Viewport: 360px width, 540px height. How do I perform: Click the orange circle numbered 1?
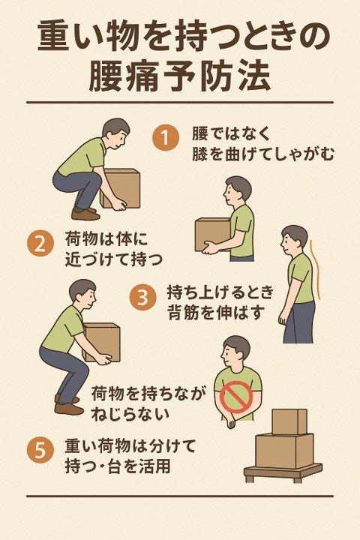(x=166, y=138)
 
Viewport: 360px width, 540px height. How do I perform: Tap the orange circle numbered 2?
(x=40, y=244)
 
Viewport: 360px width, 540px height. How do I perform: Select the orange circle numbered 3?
(x=142, y=298)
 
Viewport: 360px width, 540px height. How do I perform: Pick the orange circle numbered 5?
(x=40, y=451)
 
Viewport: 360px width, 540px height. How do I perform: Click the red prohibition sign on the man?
(x=236, y=397)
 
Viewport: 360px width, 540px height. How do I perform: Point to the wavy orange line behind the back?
(x=316, y=269)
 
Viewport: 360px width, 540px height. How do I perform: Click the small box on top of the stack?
(x=289, y=421)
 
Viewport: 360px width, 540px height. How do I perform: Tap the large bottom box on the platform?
(x=284, y=451)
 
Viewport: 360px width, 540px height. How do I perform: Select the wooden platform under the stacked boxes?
(x=283, y=472)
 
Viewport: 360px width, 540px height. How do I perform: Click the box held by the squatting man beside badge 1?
(x=120, y=189)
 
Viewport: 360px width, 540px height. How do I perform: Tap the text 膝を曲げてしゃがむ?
(x=263, y=154)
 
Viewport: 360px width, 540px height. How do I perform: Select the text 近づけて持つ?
(x=113, y=259)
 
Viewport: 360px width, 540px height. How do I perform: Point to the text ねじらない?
(x=130, y=414)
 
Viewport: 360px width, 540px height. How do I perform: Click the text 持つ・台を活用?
(x=118, y=467)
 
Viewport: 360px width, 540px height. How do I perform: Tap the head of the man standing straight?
(x=293, y=240)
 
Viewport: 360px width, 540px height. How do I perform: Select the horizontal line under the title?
(x=180, y=102)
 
